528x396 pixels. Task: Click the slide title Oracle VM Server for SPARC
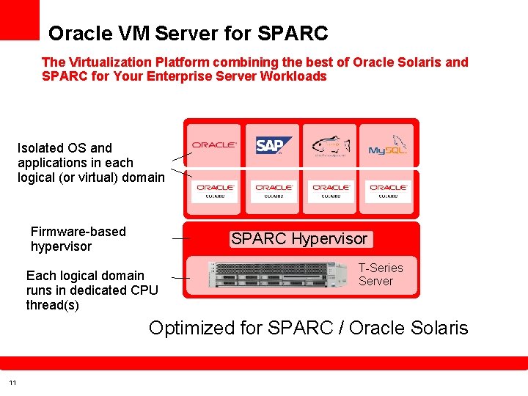[x=188, y=34]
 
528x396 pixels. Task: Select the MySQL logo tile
[x=388, y=145]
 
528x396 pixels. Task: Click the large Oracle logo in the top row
[x=215, y=145]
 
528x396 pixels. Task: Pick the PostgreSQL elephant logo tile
[x=330, y=145]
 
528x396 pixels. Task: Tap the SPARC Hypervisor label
[x=299, y=239]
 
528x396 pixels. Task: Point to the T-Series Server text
[x=381, y=274]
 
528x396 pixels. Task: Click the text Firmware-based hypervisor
[x=78, y=239]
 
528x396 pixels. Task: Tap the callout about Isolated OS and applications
[x=91, y=163]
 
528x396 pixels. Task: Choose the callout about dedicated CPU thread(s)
[x=92, y=290]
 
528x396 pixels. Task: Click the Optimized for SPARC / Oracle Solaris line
[x=308, y=328]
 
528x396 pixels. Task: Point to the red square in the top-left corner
[x=19, y=19]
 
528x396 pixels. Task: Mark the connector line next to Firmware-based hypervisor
[x=180, y=238]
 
